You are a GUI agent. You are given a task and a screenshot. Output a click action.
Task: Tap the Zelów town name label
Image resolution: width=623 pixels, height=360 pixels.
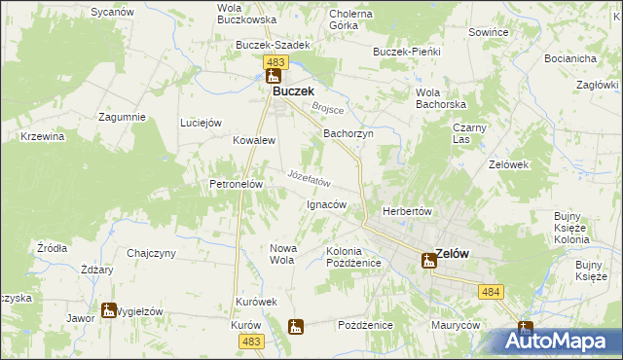[453, 254]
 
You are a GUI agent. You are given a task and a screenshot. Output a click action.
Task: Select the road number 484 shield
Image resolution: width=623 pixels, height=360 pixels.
[492, 291]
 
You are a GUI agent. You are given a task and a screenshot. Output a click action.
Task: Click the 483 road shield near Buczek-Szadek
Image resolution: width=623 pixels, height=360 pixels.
[275, 61]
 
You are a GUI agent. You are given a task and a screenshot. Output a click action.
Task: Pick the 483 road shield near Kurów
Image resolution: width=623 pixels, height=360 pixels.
[251, 340]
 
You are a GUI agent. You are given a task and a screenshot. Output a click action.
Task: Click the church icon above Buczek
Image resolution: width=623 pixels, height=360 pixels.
[274, 75]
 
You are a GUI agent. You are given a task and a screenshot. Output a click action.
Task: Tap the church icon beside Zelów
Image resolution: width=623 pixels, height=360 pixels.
[428, 260]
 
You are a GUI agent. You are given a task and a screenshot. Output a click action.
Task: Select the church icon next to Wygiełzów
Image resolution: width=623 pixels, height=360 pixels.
[107, 312]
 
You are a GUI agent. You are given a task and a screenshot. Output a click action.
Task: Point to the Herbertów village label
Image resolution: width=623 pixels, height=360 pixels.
[407, 211]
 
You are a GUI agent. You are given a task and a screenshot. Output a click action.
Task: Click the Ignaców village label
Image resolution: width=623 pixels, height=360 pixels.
[327, 204]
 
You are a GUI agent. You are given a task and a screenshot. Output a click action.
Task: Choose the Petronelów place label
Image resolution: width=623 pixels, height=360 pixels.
[232, 183]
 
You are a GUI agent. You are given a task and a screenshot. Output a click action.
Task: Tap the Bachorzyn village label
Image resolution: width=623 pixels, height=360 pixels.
[348, 133]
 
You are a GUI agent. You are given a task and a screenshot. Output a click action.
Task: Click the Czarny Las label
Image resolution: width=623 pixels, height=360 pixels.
[469, 133]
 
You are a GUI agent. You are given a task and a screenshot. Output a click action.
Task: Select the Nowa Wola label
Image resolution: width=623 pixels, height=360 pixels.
[282, 254]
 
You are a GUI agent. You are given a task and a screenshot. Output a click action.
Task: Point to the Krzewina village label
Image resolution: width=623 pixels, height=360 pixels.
[42, 136]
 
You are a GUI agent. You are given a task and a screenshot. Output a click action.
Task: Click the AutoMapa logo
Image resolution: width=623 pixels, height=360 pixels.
[560, 341]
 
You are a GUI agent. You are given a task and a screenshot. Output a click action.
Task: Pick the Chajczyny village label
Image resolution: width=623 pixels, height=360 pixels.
[150, 253]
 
